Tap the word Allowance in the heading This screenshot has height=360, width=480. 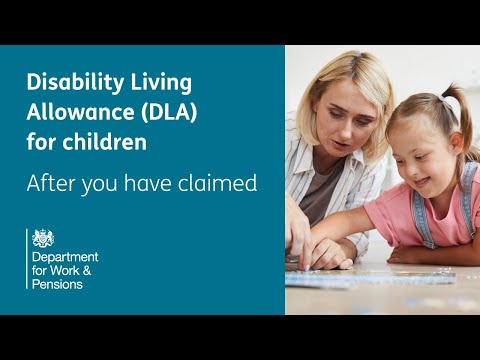pos(71,113)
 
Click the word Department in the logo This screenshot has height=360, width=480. pos(67,257)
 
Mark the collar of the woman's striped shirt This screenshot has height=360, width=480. pos(300,160)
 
